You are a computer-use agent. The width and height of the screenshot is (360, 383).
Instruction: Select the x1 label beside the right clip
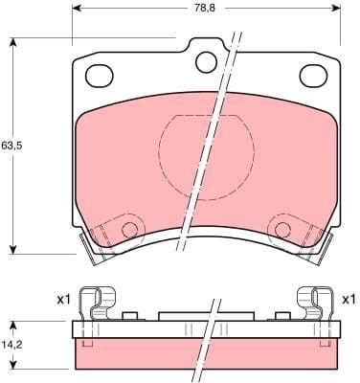coord(349,300)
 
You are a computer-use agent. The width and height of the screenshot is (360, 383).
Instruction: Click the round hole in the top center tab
coord(206,61)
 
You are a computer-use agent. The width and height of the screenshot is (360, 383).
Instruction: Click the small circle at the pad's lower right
coord(281,229)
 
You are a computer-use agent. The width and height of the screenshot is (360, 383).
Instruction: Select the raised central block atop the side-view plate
coord(205,316)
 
